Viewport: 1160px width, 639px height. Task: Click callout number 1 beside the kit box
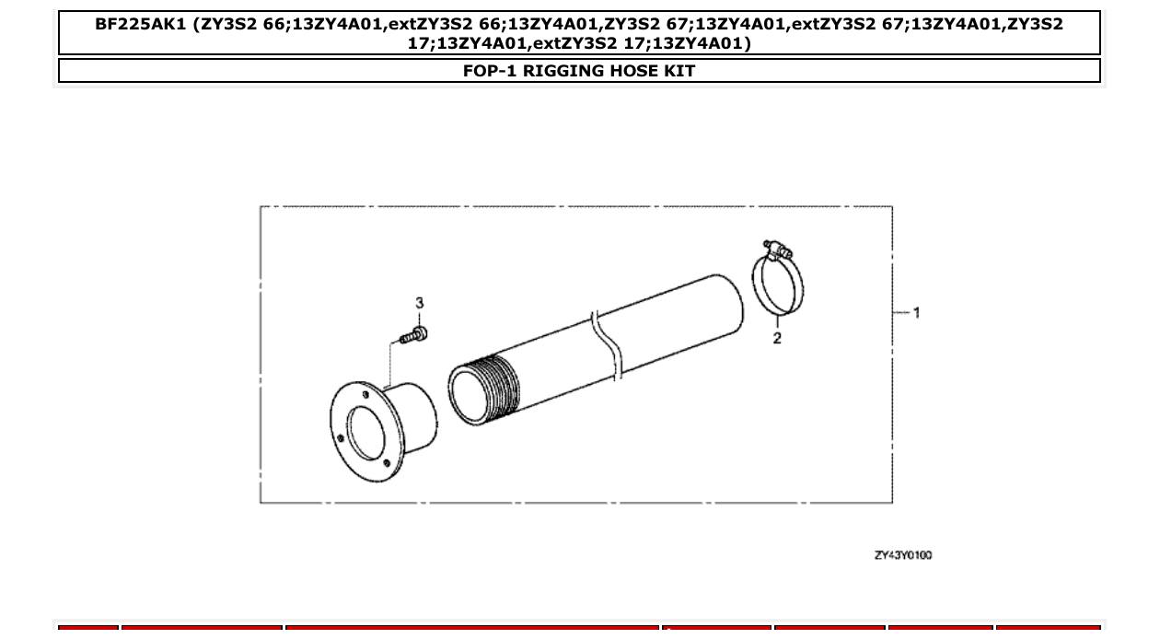tap(916, 313)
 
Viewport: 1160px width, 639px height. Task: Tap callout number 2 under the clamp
tap(777, 338)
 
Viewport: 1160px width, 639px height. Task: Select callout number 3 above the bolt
tap(420, 303)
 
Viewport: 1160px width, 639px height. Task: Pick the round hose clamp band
tap(778, 285)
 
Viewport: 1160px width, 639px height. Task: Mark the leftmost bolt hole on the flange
tap(341, 438)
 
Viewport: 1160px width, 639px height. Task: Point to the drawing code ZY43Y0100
tap(902, 555)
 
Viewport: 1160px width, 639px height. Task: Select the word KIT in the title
tap(679, 71)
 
